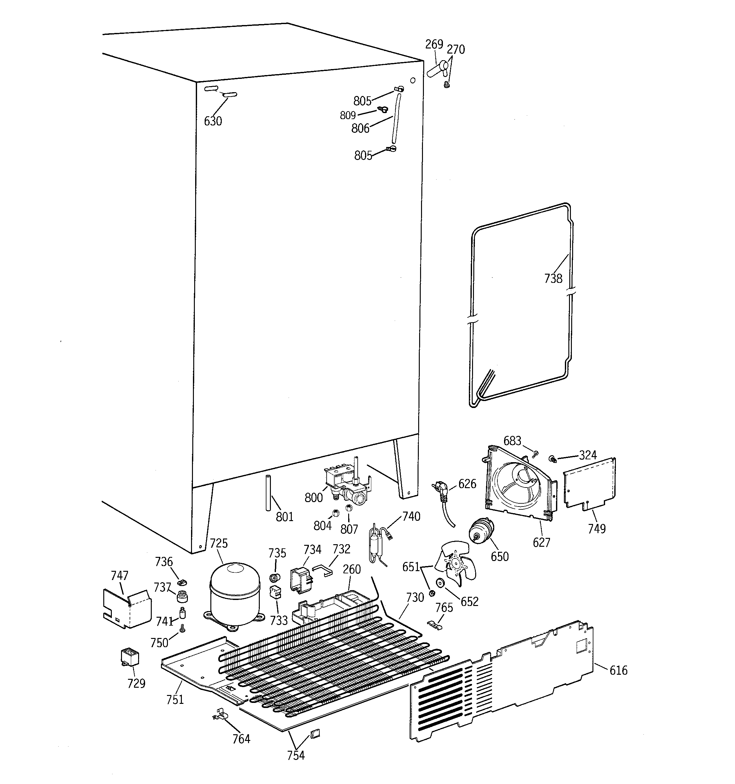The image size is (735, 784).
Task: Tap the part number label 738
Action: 553,278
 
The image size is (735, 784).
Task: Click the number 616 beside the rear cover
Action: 618,670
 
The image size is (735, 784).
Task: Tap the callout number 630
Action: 213,121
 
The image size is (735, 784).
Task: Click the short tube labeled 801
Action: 269,493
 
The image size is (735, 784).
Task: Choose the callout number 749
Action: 597,528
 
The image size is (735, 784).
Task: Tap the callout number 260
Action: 352,569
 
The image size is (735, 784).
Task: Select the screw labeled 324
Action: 552,459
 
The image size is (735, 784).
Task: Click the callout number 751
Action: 175,699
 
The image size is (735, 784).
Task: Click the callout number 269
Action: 434,44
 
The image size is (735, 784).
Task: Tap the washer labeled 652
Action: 439,583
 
